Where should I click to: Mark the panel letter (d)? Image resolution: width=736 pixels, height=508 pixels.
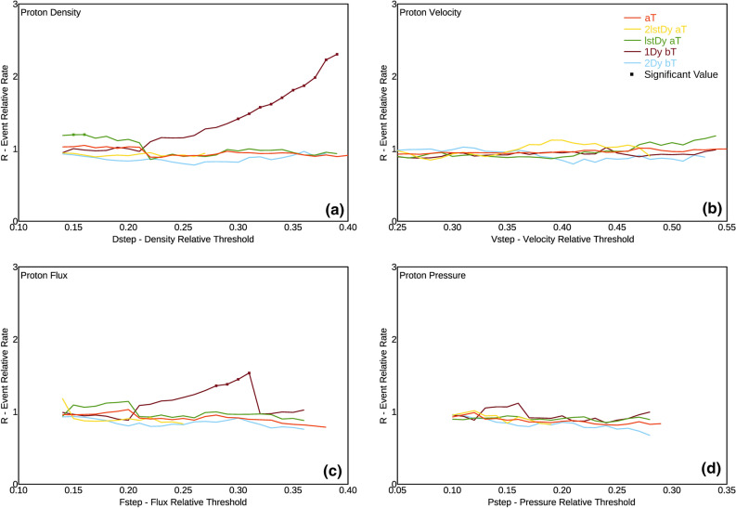coord(710,471)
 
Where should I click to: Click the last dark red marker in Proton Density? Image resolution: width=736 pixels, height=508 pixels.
coord(337,54)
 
